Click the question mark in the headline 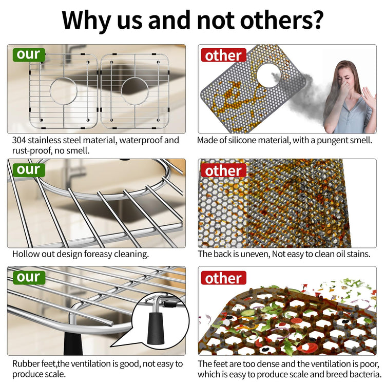[316, 20]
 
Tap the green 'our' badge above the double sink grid [29, 54]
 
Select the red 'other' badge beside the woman [223, 55]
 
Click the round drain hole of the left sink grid [63, 91]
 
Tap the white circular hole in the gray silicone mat [268, 75]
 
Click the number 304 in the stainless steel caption [19, 140]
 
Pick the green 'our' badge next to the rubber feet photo [29, 277]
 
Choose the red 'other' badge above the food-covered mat [223, 278]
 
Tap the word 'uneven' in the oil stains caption [255, 254]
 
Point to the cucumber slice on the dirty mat [248, 313]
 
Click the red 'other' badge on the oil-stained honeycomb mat [223, 170]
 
